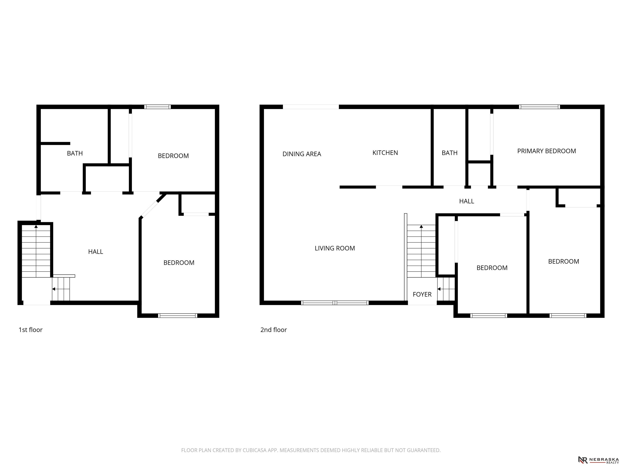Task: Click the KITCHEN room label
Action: click(385, 153)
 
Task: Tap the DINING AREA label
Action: click(302, 154)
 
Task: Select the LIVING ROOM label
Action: click(335, 248)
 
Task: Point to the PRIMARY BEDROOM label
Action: click(546, 151)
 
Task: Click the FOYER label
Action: click(422, 294)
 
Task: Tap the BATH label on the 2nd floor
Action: click(449, 153)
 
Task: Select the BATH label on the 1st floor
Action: click(75, 153)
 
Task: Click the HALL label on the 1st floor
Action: click(96, 252)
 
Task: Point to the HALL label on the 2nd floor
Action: click(466, 201)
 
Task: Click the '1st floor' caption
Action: click(30, 330)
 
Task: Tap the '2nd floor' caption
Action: click(273, 330)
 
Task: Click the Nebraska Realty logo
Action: click(598, 460)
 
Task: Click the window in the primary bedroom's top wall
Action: click(539, 107)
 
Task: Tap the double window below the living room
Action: click(335, 303)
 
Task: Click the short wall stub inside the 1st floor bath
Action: click(55, 144)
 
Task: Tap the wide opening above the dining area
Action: click(311, 107)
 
